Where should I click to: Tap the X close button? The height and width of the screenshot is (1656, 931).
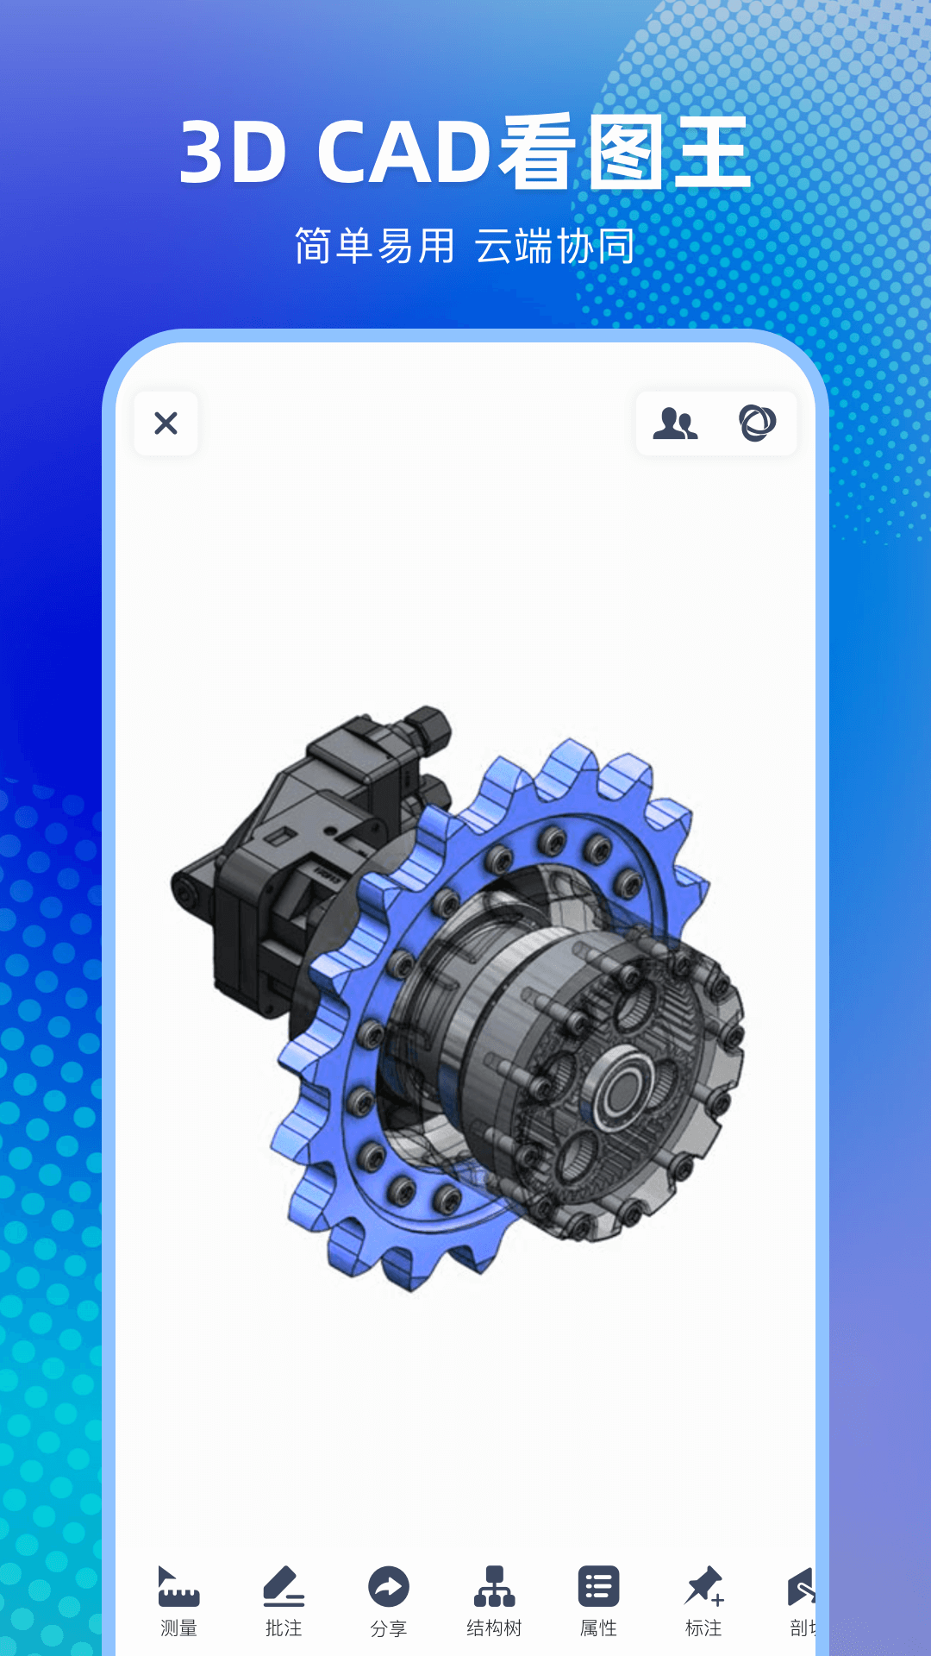(166, 423)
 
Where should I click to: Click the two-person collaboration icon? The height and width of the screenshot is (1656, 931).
(675, 423)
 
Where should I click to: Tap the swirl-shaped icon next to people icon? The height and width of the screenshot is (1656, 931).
(757, 423)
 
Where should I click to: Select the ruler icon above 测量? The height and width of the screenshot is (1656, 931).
(178, 1586)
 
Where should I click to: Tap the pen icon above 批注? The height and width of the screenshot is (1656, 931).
(284, 1586)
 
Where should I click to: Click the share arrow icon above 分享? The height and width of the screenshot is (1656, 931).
(389, 1586)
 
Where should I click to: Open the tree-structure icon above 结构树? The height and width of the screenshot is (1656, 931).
(494, 1586)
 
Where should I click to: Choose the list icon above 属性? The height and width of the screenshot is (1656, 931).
(598, 1586)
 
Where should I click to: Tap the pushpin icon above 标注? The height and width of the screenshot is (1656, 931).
(703, 1586)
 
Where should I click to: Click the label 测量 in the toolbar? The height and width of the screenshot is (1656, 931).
(178, 1628)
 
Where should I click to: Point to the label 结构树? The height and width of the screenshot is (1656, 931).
(494, 1628)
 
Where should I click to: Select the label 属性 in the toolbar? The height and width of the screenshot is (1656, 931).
(598, 1628)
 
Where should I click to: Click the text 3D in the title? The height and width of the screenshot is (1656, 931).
(233, 153)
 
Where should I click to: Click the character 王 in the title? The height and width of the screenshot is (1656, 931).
(712, 153)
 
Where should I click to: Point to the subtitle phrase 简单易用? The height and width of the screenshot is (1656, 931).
(374, 247)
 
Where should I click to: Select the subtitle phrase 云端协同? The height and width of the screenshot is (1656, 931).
(554, 247)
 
